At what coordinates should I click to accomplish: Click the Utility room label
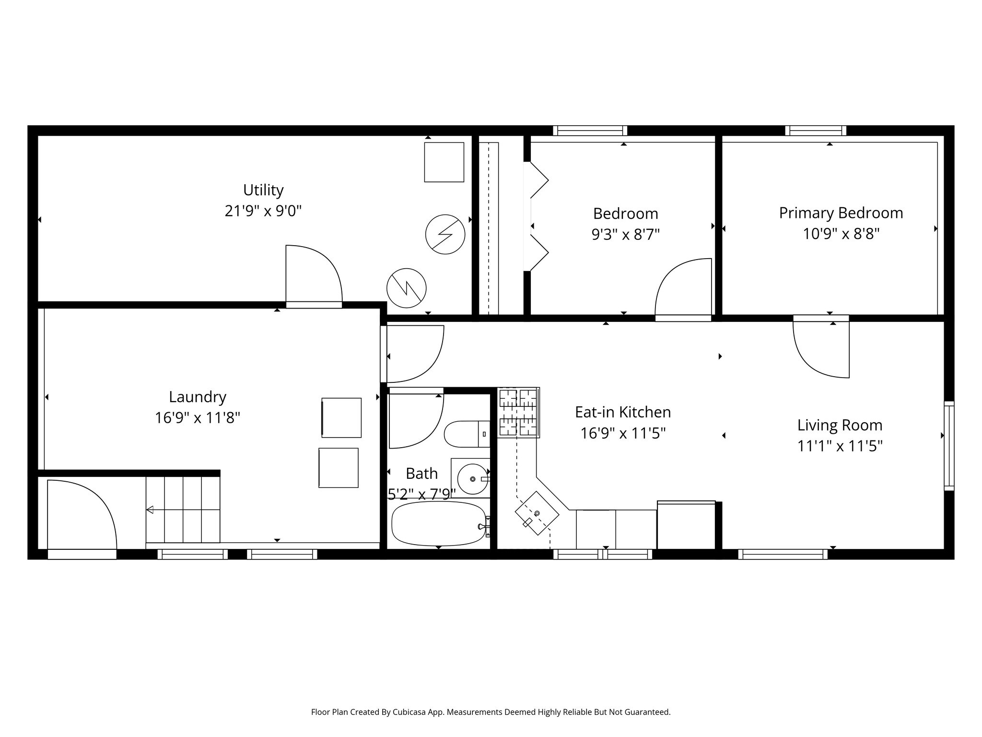[263, 190]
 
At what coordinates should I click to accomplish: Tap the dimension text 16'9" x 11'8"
[197, 418]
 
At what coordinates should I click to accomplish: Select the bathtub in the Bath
[438, 523]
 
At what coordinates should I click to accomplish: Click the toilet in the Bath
[466, 434]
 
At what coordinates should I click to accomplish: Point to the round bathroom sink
[472, 479]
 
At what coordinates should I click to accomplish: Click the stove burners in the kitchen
[518, 412]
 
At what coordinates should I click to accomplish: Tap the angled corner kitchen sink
[537, 513]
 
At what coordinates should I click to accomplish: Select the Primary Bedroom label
[841, 213]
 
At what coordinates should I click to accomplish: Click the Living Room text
[840, 425]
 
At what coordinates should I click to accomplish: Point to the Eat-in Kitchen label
[622, 412]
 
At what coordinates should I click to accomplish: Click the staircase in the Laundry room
[183, 510]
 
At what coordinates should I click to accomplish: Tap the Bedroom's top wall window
[590, 131]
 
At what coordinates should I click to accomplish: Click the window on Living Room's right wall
[949, 446]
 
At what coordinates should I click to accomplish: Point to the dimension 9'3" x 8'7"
[625, 235]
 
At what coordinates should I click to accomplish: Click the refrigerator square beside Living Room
[686, 525]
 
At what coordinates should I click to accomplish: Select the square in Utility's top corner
[444, 162]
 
